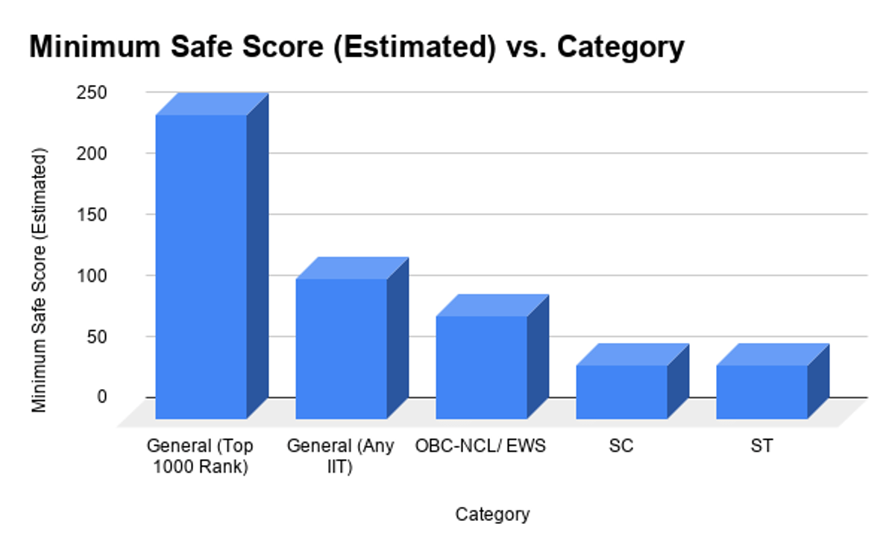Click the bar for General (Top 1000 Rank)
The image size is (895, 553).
201,266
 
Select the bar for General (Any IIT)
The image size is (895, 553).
341,348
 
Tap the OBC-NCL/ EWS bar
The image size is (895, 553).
481,367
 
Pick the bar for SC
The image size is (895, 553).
621,391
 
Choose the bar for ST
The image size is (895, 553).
761,391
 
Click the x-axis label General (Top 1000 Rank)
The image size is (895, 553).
200,457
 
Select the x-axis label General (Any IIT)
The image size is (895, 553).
340,457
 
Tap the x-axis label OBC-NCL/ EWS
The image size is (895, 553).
481,447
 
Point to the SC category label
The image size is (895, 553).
621,447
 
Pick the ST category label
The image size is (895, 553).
762,447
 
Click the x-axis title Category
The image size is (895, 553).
492,514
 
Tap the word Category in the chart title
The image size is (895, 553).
621,48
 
